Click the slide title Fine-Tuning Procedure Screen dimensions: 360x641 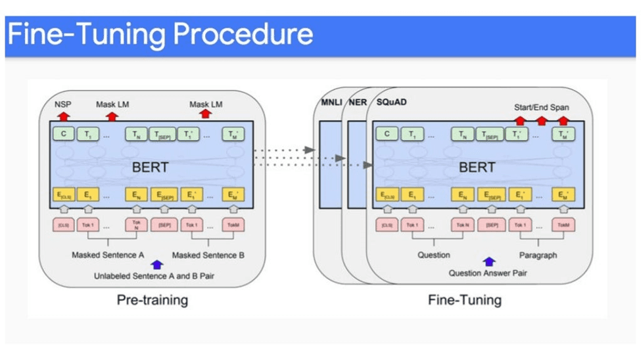click(159, 34)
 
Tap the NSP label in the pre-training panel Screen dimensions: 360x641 click(62, 104)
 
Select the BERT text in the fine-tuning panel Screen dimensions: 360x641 click(477, 166)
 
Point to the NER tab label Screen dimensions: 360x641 click(357, 102)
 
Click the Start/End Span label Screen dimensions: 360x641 click(542, 107)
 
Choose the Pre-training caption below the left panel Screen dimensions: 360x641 click(153, 300)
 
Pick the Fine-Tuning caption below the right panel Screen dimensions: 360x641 click(464, 300)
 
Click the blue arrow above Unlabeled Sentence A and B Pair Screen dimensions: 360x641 click(156, 264)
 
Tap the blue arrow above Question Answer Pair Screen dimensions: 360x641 click(488, 261)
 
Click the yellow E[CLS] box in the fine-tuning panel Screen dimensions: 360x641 click(387, 195)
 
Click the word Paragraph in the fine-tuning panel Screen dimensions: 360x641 click(538, 255)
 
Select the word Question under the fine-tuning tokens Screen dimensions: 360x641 click(434, 255)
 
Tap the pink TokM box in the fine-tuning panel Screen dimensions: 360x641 click(563, 225)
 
